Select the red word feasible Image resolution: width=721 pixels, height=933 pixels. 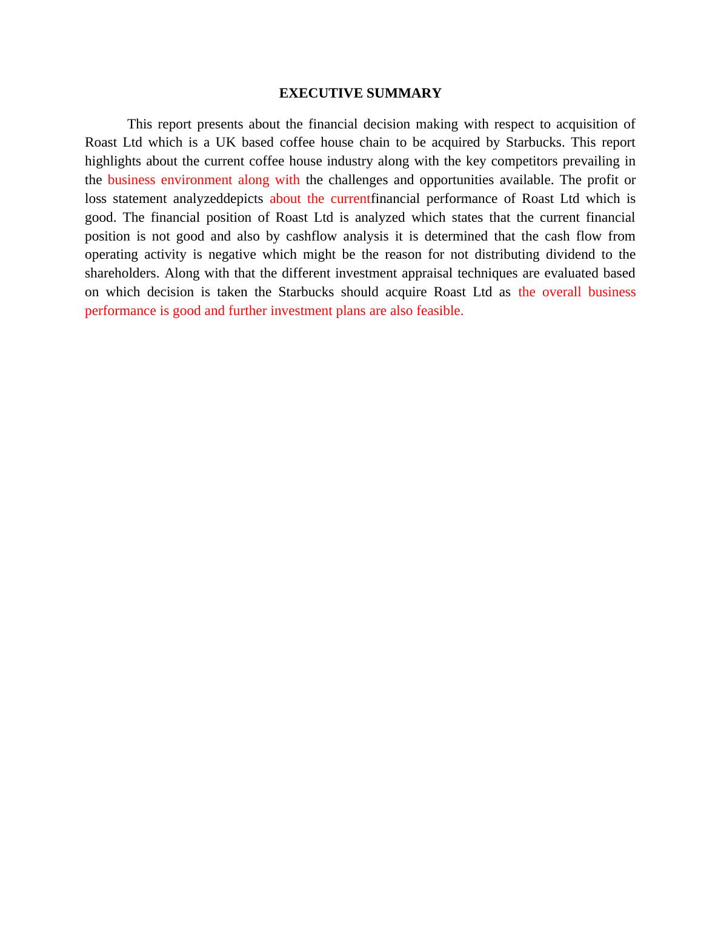coord(440,311)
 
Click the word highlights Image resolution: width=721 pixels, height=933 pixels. coord(113,161)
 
